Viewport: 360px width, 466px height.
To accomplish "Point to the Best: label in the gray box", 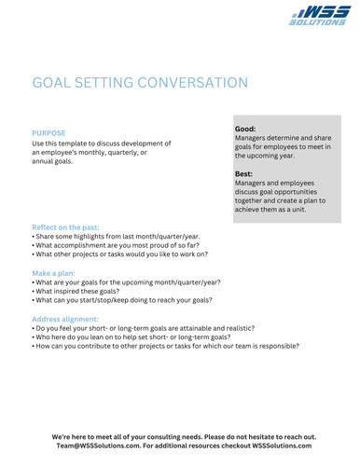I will coord(244,172).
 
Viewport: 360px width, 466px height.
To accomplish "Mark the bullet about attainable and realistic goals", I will coord(145,330).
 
